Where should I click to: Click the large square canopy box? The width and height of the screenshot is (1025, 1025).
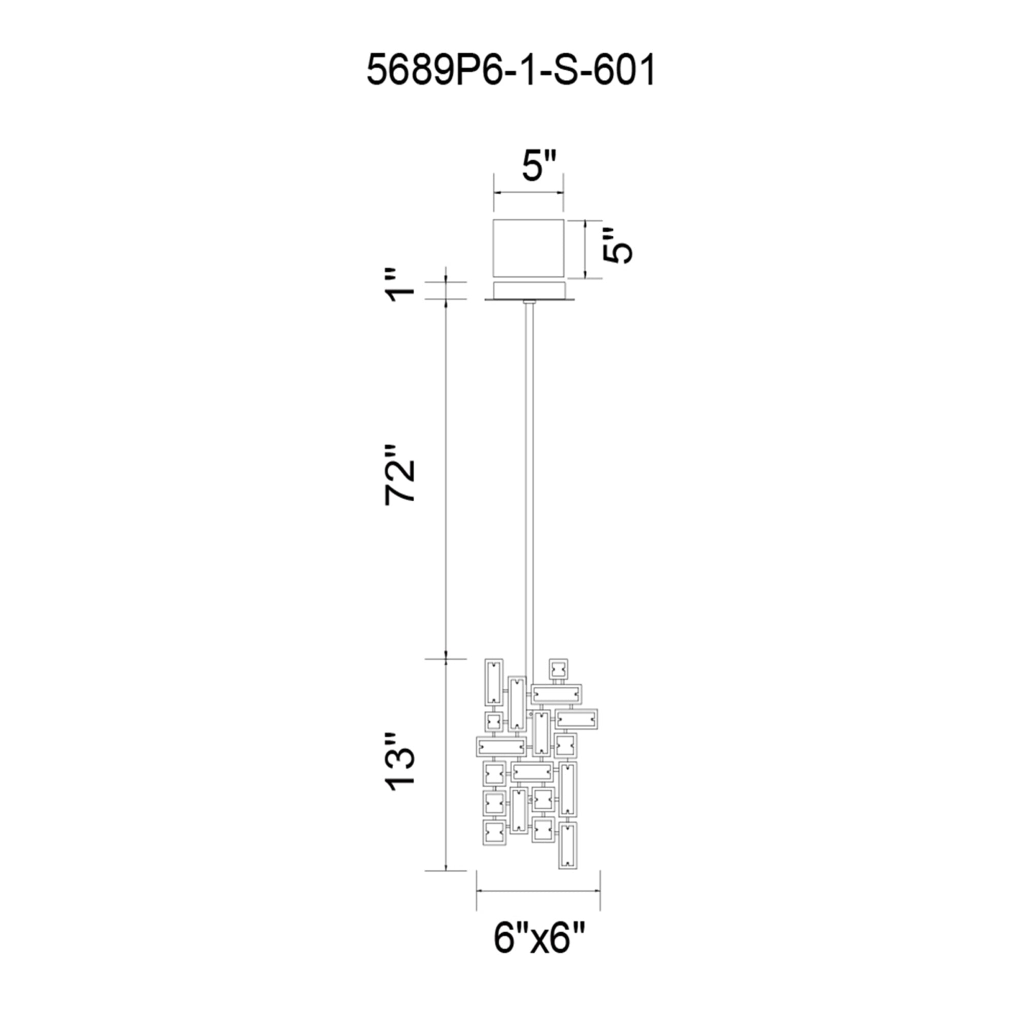click(x=528, y=247)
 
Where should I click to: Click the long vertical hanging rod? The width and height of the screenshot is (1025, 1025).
click(x=528, y=478)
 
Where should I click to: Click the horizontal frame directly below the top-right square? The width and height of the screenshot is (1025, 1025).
click(x=557, y=694)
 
